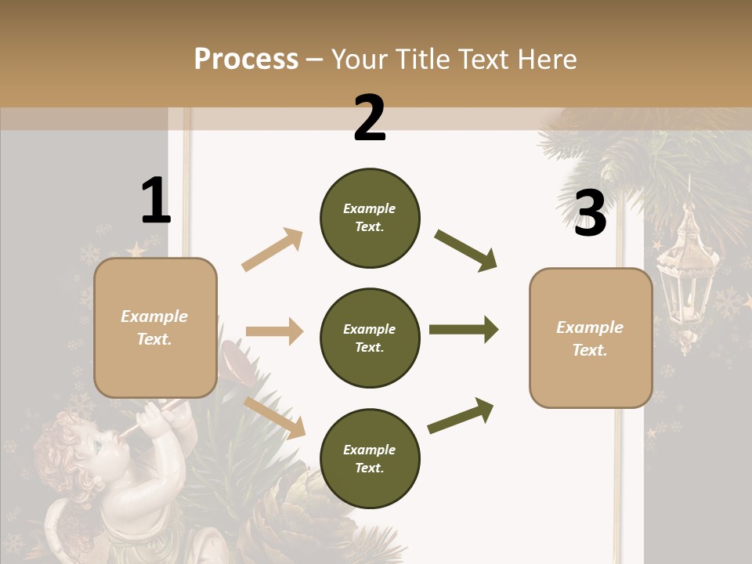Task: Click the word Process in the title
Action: click(246, 60)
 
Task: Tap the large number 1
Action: click(155, 201)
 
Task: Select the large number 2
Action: click(370, 119)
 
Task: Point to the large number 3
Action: click(590, 213)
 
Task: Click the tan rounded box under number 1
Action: click(155, 327)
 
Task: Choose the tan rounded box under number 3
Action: click(591, 338)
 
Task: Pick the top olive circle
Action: click(370, 218)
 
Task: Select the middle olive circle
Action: click(370, 338)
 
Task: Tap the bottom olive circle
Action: click(370, 458)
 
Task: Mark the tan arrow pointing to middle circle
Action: click(274, 331)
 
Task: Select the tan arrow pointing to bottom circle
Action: click(275, 418)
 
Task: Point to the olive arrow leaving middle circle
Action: click(464, 330)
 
